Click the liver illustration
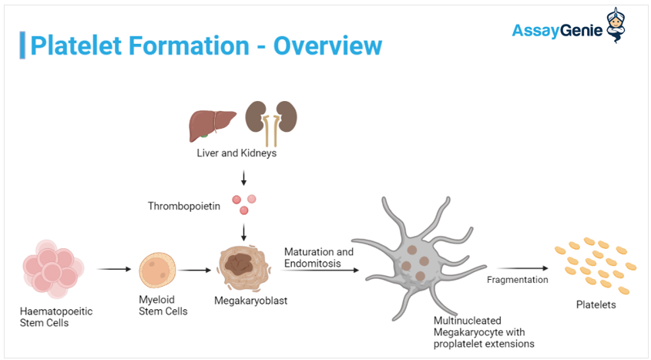point(212,124)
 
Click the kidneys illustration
point(270,121)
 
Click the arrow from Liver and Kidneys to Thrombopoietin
point(244,178)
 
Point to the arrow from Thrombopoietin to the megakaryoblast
point(244,231)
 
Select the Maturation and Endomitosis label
point(318,257)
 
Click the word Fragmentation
point(517,280)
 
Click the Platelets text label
point(596,304)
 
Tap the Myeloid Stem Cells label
point(163,306)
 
